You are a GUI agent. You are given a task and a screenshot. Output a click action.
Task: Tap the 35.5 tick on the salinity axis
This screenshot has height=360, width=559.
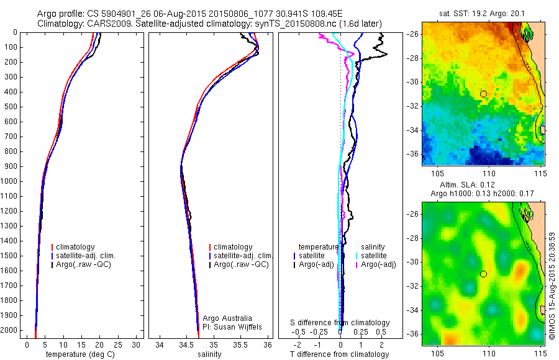click(240, 344)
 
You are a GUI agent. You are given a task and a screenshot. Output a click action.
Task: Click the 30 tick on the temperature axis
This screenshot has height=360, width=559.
click(137, 344)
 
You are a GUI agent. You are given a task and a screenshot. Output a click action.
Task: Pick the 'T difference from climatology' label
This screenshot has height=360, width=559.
click(339, 354)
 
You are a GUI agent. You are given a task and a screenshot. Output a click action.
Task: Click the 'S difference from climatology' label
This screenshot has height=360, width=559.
click(340, 323)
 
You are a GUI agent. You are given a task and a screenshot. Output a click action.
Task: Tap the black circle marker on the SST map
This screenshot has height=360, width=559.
click(483, 94)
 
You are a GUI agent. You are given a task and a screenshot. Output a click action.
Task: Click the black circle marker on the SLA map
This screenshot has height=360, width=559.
click(483, 274)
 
